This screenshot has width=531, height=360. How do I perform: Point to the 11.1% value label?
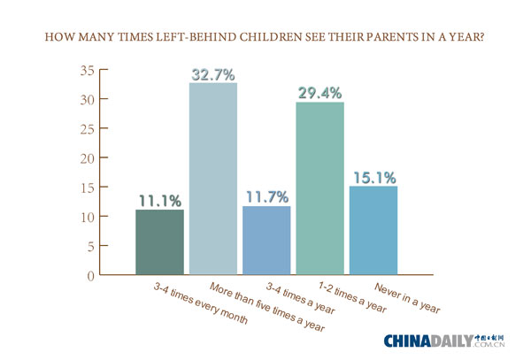click(160, 200)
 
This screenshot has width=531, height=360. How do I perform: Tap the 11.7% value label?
click(266, 196)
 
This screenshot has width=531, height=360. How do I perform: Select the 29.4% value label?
click(319, 92)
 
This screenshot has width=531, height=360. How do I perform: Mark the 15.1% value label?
click(373, 177)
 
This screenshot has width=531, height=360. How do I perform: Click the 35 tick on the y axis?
click(85, 71)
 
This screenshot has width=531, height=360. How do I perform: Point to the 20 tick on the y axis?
click(85, 158)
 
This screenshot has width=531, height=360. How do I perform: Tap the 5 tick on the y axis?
click(89, 246)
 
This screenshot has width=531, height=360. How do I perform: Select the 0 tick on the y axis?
click(89, 275)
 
